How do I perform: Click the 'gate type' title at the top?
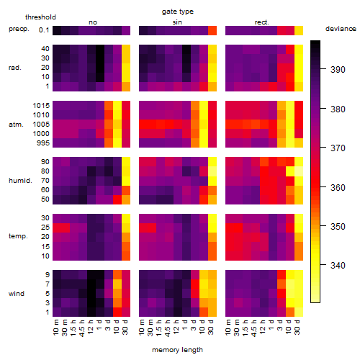178,12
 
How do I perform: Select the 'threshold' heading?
40,17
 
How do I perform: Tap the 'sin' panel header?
177,22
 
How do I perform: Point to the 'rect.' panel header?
261,22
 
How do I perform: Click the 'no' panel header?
93,22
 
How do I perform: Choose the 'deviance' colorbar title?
341,29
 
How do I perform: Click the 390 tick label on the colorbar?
338,70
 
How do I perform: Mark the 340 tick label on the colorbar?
338,266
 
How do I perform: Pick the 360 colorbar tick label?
338,187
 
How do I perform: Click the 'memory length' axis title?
177,350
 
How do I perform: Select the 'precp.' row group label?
19,29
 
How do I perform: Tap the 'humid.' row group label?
20,181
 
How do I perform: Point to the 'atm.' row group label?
16,125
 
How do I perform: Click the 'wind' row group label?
17,294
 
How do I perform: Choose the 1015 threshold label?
41,106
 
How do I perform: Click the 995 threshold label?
43,143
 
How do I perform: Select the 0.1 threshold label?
44,30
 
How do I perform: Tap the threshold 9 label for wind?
48,275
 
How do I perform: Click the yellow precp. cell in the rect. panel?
299,30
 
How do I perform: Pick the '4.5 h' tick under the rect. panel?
254,328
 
